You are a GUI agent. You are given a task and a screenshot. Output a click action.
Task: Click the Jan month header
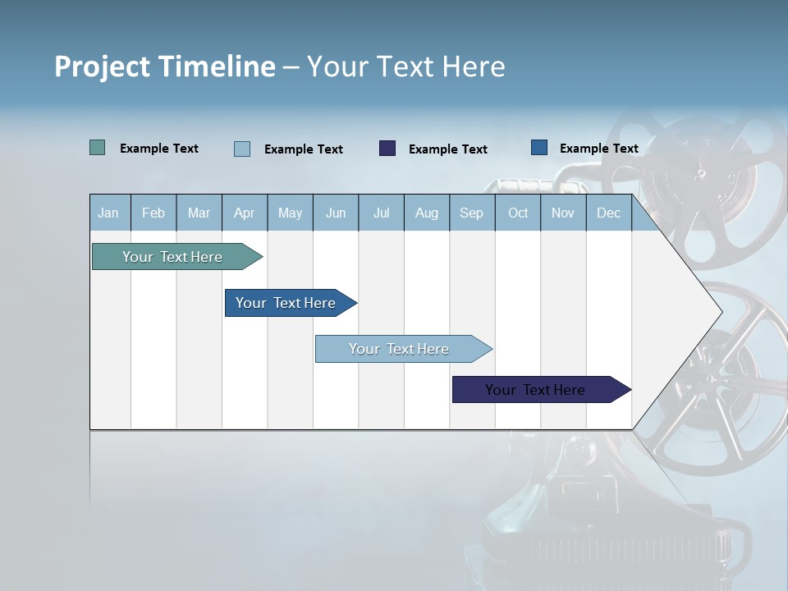[x=108, y=213]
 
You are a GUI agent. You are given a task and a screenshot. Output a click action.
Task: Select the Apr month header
[x=244, y=213]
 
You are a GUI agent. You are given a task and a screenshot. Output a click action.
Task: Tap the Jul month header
[x=381, y=213]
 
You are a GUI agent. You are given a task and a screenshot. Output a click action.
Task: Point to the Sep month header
[x=471, y=213]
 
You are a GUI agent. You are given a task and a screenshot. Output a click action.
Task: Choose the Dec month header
[x=608, y=213]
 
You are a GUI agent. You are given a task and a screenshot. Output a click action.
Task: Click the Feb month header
[x=153, y=213]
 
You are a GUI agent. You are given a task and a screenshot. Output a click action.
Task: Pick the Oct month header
[x=518, y=213]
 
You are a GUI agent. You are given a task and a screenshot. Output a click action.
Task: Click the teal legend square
[x=97, y=148]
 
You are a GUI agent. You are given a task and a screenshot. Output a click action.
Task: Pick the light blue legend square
[x=242, y=149]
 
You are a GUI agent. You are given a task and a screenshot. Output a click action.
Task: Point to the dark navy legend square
[x=387, y=149]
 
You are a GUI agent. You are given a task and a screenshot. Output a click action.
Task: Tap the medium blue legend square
[x=539, y=148]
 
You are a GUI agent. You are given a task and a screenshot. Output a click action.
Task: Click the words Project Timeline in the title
[x=164, y=66]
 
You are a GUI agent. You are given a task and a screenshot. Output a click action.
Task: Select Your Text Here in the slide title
[x=405, y=66]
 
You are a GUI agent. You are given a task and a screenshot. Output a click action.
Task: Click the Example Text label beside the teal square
[x=159, y=149]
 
